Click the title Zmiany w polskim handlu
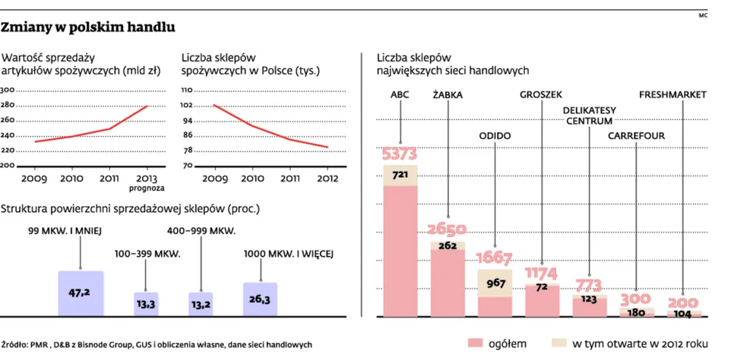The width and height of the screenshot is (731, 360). coord(89,28)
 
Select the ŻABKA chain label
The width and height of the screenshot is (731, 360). coord(448,96)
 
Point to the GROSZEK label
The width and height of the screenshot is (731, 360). coord(541,96)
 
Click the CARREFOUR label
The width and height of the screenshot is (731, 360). coord(636,136)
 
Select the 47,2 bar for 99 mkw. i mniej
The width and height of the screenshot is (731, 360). coord(81,292)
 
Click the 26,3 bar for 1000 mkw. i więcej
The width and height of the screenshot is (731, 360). coord(261,298)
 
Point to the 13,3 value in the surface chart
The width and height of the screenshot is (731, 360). coord(142,304)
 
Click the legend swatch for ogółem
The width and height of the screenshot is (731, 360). coord(477,343)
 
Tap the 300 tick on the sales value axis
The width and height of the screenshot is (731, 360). coord(8,90)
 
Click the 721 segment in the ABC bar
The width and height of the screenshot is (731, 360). coord(400,175)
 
